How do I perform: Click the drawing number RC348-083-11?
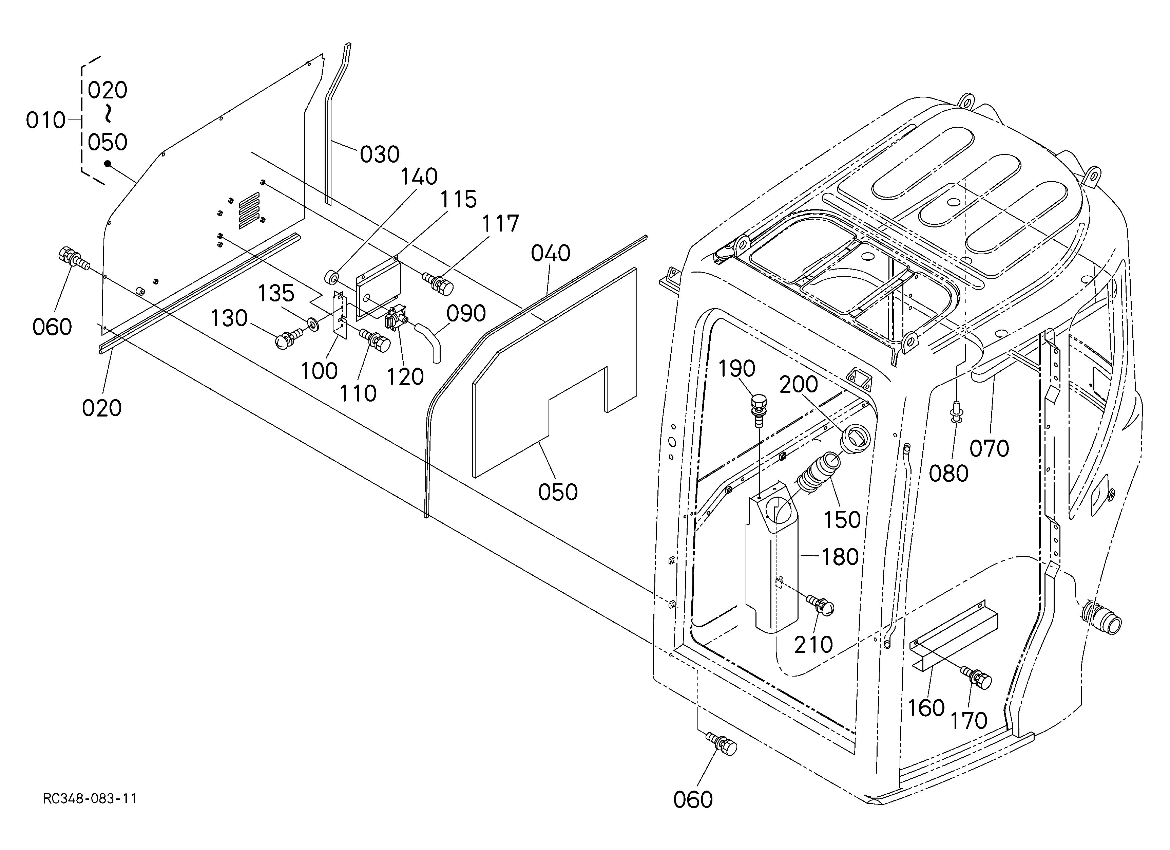[x=90, y=799]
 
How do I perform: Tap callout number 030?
[x=380, y=154]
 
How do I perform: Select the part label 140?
[x=419, y=177]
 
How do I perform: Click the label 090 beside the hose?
[x=466, y=313]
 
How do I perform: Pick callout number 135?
[x=276, y=293]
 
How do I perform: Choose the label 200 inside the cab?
[x=799, y=385]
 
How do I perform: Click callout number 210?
[x=813, y=645]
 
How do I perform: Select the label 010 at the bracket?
[x=45, y=121]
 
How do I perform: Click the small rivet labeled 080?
[x=955, y=411]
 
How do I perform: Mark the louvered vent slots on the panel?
[x=250, y=210]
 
